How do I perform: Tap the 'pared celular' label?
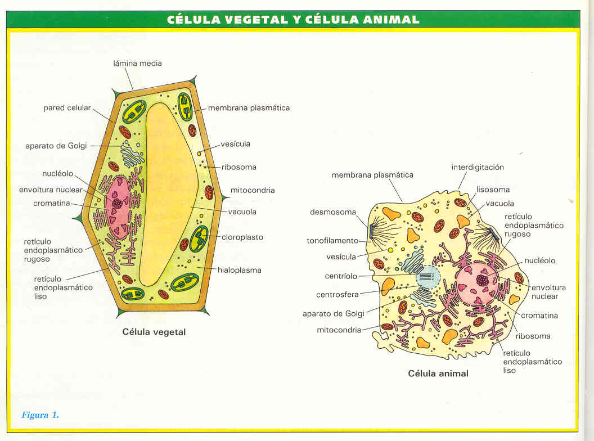pyautogui.click(x=67, y=107)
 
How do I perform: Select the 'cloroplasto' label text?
pyautogui.click(x=242, y=237)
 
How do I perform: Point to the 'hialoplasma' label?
pyautogui.click(x=241, y=270)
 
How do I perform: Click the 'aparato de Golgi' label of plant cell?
pyautogui.click(x=56, y=146)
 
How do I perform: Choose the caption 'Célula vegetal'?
pyautogui.click(x=154, y=332)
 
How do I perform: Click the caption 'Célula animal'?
pyautogui.click(x=438, y=373)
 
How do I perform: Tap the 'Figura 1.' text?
pyautogui.click(x=40, y=415)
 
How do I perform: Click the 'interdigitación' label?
pyautogui.click(x=478, y=167)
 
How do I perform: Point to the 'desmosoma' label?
pyautogui.click(x=332, y=212)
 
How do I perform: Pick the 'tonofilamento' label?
pyautogui.click(x=332, y=241)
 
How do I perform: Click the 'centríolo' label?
pyautogui.click(x=341, y=276)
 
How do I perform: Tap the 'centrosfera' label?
pyautogui.click(x=337, y=294)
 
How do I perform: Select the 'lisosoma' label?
pyautogui.click(x=493, y=190)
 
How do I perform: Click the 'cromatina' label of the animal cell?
pyautogui.click(x=539, y=316)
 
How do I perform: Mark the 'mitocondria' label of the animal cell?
pyautogui.click(x=339, y=330)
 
